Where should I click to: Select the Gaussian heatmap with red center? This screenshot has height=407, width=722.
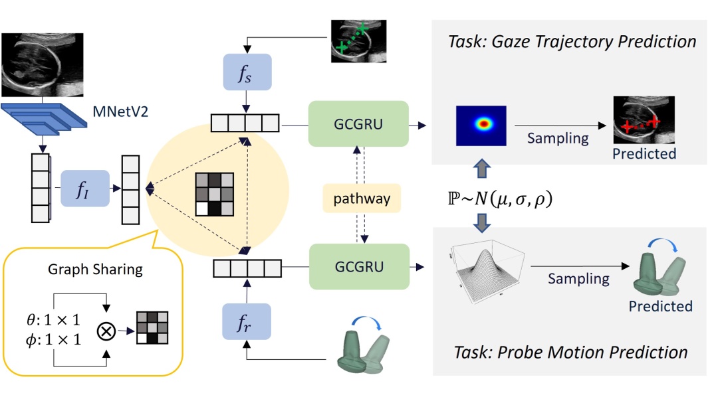(x=481, y=125)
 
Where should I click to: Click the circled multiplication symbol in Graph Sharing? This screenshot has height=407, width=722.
(x=105, y=330)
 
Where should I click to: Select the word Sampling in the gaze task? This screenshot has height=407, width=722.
(x=558, y=137)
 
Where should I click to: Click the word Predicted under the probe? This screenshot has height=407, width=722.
(x=661, y=306)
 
